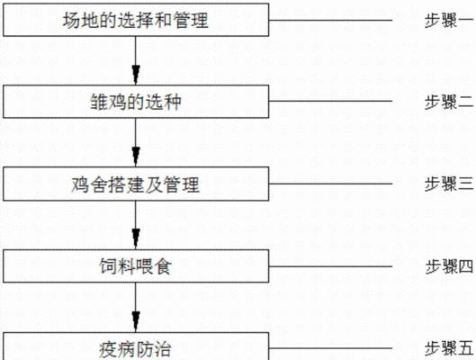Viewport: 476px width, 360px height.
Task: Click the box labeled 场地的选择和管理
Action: [x=136, y=20]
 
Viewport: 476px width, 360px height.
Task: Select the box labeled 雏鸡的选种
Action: [x=136, y=102]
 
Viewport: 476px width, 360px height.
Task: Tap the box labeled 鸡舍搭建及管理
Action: [x=136, y=184]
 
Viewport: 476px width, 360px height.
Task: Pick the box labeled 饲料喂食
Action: [x=136, y=266]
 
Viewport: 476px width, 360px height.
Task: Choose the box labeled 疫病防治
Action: [x=136, y=346]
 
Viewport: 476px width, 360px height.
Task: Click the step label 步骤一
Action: [x=449, y=21]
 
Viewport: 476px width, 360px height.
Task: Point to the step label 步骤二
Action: [x=449, y=102]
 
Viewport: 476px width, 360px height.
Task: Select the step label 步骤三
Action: [x=449, y=184]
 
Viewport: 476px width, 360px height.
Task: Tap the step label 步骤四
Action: [x=449, y=266]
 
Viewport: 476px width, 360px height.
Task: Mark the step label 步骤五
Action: [x=449, y=348]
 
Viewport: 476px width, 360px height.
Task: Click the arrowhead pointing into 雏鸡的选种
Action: [x=136, y=75]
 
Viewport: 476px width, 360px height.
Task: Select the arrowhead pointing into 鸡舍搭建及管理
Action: [x=136, y=157]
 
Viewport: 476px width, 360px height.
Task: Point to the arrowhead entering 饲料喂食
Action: [x=136, y=239]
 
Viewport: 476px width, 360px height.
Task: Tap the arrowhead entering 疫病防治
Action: [x=136, y=322]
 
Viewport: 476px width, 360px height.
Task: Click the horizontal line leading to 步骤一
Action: [x=330, y=21]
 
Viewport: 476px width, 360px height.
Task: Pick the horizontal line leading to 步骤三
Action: [x=330, y=184]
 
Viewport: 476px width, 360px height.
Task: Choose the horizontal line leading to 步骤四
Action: [x=330, y=266]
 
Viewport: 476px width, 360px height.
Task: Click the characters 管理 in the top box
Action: [x=191, y=20]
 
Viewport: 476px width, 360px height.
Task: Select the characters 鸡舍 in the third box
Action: [x=89, y=184]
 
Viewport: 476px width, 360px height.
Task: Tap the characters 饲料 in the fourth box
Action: [x=117, y=266]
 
